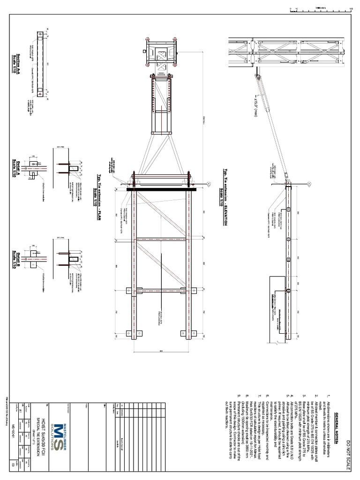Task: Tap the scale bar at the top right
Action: click(x=321, y=8)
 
